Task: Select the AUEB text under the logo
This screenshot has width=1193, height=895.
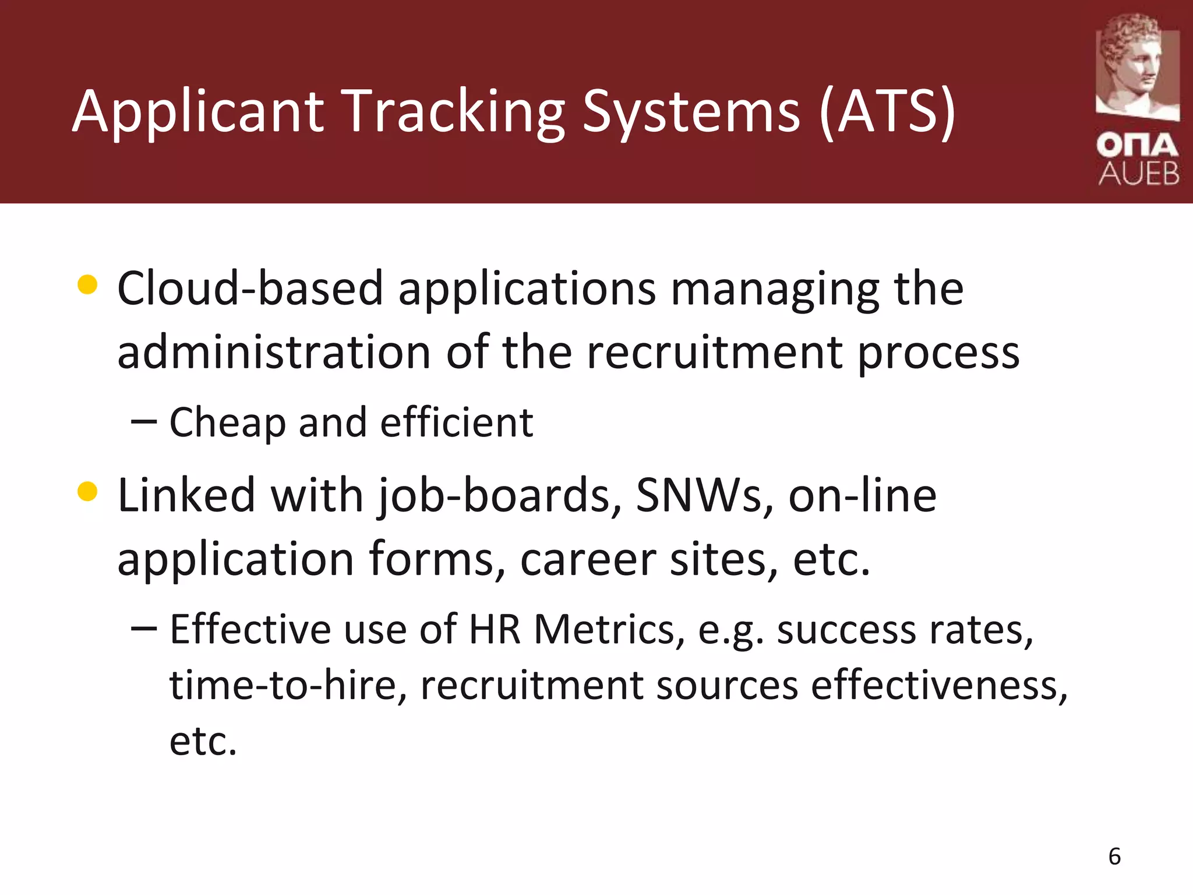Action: click(1139, 174)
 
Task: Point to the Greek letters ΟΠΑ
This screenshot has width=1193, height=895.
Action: click(1137, 146)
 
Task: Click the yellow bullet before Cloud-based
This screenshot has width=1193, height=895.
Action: click(87, 285)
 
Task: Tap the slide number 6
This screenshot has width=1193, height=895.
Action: click(1114, 857)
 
